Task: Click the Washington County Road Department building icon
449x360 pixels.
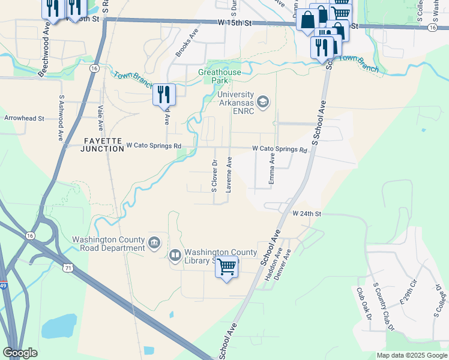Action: [154, 242]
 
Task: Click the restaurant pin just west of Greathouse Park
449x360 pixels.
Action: [163, 94]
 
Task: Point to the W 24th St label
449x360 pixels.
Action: [307, 214]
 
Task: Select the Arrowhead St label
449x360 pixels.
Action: [25, 119]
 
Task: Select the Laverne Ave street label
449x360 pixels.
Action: [229, 175]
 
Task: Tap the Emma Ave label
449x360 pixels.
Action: [272, 170]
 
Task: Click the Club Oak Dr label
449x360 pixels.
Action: [362, 303]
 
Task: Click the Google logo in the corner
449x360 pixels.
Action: [20, 352]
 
